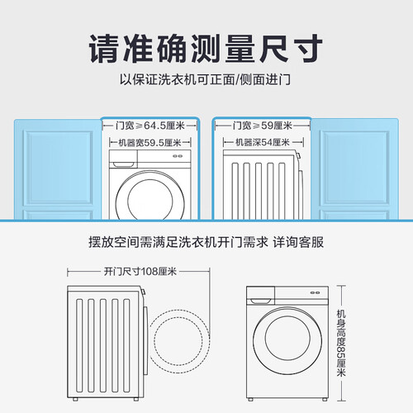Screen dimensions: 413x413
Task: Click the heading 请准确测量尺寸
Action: [206, 49]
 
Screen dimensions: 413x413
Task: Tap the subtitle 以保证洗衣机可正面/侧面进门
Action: [205, 79]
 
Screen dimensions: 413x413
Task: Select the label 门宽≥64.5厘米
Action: [150, 126]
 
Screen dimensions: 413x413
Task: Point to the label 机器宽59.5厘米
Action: [150, 143]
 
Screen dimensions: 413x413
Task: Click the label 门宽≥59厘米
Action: [263, 126]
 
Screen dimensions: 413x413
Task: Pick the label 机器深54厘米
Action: [263, 142]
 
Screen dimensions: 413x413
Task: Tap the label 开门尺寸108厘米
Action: [140, 272]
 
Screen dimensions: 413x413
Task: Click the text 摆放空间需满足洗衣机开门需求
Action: [178, 242]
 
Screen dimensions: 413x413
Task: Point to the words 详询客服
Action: [298, 242]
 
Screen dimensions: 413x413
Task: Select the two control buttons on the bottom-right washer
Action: [315, 292]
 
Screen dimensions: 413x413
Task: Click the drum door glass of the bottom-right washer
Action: [287, 338]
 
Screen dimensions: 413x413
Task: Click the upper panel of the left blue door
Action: [58, 168]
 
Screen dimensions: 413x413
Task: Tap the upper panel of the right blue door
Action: [354, 168]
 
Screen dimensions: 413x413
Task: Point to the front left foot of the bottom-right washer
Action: [250, 399]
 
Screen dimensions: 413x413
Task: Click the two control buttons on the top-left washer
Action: [178, 156]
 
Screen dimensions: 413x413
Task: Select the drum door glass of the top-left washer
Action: [150, 199]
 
